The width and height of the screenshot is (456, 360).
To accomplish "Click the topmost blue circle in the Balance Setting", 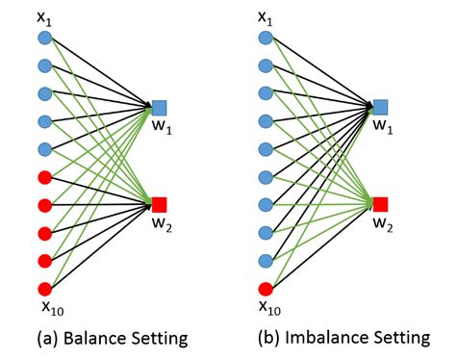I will click(x=44, y=39).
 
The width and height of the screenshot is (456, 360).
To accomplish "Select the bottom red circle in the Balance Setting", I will click(x=44, y=288).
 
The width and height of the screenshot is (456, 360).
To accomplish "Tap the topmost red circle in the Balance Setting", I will click(x=44, y=177).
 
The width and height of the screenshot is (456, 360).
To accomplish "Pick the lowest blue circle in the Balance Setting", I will click(x=44, y=149).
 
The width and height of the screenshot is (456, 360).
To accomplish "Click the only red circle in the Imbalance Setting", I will click(x=266, y=288).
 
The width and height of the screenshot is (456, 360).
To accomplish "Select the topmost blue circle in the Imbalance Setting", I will click(x=266, y=39).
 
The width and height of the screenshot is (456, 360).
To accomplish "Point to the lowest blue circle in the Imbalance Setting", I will click(x=266, y=260).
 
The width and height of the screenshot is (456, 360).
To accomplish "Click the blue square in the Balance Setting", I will click(x=160, y=107).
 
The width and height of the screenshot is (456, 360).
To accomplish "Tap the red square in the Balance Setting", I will click(x=160, y=204).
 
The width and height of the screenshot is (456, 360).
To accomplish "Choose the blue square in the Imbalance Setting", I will click(x=381, y=107).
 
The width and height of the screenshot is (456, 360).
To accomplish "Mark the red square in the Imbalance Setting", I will click(x=381, y=204).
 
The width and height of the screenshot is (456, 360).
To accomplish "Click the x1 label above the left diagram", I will click(x=42, y=16).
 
